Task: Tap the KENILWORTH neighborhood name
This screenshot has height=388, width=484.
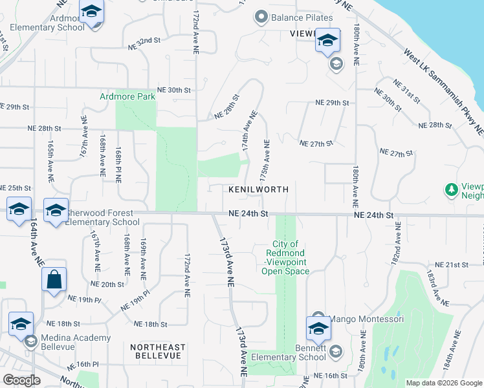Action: tap(258, 189)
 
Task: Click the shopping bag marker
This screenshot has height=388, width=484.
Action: tap(54, 280)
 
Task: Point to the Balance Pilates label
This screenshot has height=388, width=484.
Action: tap(302, 17)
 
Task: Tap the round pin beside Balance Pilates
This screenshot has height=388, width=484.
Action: tap(261, 17)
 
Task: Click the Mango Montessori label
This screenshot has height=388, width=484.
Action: tap(367, 319)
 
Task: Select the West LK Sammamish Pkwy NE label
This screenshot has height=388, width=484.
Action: tap(443, 91)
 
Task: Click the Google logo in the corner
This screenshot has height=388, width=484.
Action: tap(22, 380)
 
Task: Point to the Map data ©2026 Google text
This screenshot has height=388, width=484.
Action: tap(445, 383)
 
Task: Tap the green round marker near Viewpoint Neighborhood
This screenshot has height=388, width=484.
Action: tap(451, 189)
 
